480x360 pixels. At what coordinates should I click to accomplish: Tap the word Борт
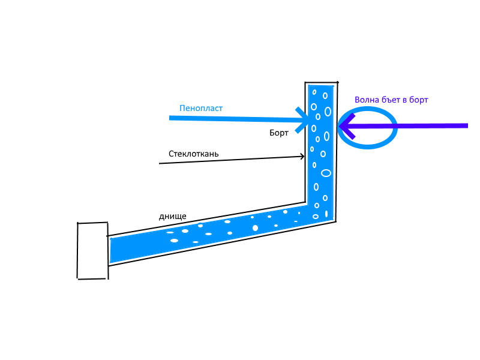click(x=278, y=133)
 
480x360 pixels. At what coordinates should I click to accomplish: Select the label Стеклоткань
click(x=193, y=154)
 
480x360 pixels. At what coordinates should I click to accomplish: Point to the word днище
click(x=173, y=216)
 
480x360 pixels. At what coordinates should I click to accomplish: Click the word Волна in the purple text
click(x=367, y=100)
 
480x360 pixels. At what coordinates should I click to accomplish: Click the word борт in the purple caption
click(x=418, y=100)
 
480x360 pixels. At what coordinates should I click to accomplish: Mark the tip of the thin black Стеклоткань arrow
click(x=304, y=157)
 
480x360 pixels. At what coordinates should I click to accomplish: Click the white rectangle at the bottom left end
click(x=92, y=250)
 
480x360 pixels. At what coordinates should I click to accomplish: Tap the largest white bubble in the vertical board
click(x=326, y=173)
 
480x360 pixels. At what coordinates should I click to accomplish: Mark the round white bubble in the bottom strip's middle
click(x=256, y=228)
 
